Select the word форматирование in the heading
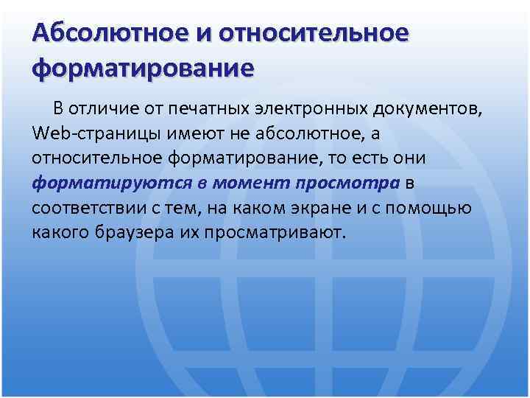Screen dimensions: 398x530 (x=143, y=69)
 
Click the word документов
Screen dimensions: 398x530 (x=428, y=110)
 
